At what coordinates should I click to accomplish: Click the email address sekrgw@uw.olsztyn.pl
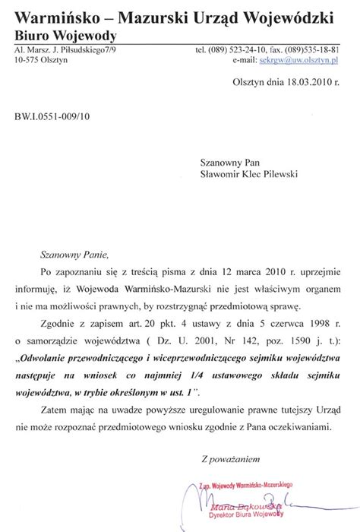point(308,59)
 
